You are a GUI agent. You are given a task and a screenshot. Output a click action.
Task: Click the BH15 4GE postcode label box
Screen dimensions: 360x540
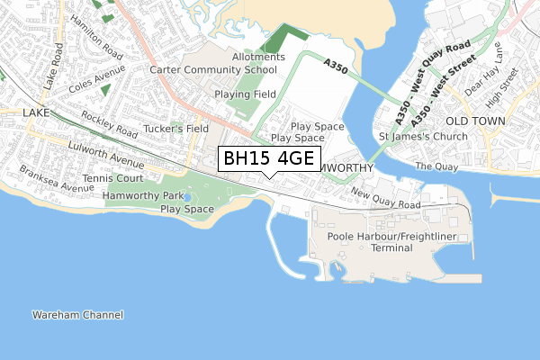(268, 159)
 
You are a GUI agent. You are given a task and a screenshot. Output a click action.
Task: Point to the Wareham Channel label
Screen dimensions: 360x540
(77, 315)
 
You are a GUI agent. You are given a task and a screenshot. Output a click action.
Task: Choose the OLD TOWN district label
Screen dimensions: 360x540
(472, 120)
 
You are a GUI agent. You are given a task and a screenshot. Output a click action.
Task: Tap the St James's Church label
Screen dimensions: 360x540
(423, 137)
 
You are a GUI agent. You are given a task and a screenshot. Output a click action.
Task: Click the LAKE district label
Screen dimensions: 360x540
(36, 113)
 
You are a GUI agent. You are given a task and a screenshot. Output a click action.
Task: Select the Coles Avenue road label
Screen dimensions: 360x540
(94, 73)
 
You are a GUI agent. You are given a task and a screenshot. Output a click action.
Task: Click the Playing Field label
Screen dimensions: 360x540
(243, 94)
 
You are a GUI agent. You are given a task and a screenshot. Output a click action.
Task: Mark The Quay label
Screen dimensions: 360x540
(436, 166)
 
